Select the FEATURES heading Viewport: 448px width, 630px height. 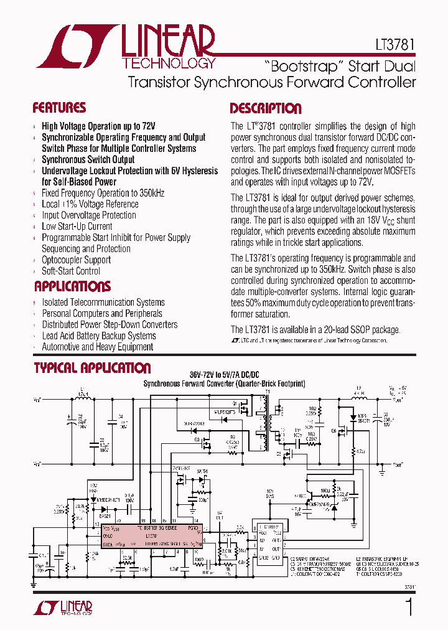(x=59, y=108)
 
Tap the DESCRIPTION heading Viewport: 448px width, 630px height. (x=265, y=108)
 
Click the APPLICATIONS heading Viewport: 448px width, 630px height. (x=72, y=286)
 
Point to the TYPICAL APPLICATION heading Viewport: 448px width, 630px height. (x=92, y=368)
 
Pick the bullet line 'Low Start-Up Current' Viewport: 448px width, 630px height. (x=77, y=227)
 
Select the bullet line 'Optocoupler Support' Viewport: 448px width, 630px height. (x=76, y=260)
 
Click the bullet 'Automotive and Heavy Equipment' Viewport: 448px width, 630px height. (x=97, y=347)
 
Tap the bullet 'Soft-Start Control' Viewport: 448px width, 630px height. (x=70, y=271)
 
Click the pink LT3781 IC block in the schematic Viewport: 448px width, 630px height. (x=149, y=535)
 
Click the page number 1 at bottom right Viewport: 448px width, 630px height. (x=409, y=608)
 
